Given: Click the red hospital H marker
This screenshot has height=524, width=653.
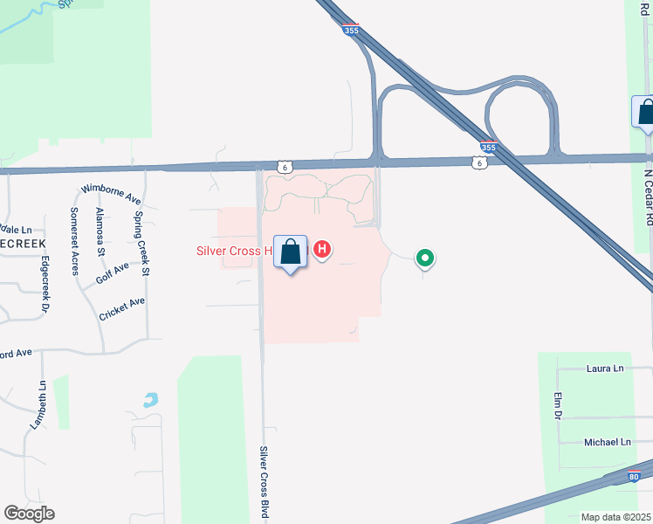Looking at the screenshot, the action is point(322,251).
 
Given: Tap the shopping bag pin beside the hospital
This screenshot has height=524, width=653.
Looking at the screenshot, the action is point(291,252).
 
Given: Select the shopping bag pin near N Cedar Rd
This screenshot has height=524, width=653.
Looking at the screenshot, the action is point(645,113).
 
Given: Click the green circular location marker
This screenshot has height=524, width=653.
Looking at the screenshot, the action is point(425,258).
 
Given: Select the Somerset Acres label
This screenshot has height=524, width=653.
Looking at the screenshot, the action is point(75,241).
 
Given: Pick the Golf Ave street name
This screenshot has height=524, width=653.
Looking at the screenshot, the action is point(113,273).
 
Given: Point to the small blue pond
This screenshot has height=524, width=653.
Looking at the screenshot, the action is point(151,401).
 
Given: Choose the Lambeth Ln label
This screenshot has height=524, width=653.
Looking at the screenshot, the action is point(38,404).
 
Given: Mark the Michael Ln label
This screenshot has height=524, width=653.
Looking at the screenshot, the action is point(608,443).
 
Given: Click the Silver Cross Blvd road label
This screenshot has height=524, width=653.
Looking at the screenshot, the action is point(263,483).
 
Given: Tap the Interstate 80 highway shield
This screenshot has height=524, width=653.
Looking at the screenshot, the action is point(635,476).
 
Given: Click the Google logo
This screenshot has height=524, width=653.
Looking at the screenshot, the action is point(29,514).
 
